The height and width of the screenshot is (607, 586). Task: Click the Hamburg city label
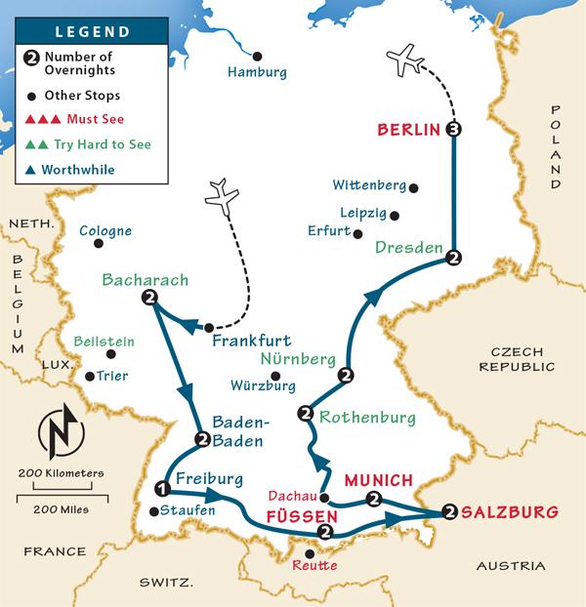(x=257, y=73)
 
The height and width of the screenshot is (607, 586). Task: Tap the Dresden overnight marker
(x=453, y=258)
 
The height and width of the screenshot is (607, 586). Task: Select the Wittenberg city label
(x=367, y=184)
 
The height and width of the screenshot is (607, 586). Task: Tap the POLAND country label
(x=556, y=145)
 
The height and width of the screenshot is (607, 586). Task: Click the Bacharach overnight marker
(x=149, y=298)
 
